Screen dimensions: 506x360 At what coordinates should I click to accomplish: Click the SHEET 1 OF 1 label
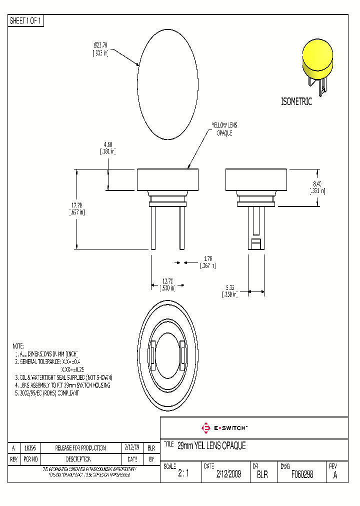(26, 21)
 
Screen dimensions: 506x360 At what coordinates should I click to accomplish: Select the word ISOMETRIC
(296, 102)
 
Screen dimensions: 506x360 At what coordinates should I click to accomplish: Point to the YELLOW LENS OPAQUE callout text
(224, 129)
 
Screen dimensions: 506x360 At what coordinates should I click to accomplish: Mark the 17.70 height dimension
(76, 208)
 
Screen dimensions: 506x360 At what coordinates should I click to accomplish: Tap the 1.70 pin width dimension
(206, 262)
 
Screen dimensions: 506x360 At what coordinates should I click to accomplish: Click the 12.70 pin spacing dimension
(167, 284)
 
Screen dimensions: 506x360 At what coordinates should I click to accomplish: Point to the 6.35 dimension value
(229, 291)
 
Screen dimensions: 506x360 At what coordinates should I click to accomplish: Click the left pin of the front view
(153, 227)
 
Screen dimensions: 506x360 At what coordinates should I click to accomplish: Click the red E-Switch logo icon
(205, 428)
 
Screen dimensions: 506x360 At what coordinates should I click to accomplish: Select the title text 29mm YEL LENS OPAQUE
(211, 446)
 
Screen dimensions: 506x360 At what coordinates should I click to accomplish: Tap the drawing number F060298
(302, 474)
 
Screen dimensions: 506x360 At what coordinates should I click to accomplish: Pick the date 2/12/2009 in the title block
(228, 474)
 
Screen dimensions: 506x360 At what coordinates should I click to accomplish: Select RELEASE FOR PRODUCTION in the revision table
(80, 448)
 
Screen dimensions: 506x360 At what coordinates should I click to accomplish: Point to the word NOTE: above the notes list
(18, 346)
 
